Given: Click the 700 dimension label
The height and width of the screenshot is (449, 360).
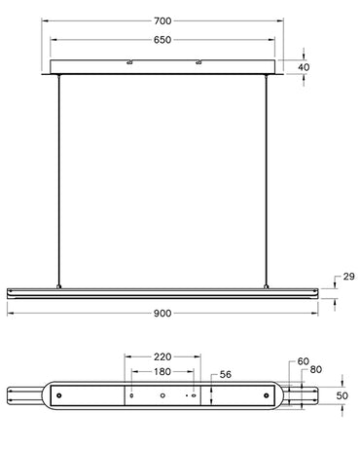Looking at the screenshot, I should click(162, 20).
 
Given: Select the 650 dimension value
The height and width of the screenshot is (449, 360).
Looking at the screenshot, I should click(162, 41).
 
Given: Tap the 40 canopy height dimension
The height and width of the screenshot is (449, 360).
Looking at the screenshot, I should click(305, 67).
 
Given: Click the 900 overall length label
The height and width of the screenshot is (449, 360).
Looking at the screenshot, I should click(162, 314).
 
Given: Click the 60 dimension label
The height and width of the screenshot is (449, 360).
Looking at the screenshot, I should click(303, 361).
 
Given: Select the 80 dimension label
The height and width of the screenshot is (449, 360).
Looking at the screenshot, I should click(315, 371).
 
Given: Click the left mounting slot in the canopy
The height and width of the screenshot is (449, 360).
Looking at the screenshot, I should click(128, 64).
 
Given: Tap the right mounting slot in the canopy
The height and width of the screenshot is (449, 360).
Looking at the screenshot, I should click(198, 64).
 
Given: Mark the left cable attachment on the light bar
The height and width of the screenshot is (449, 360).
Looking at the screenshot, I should click(59, 286).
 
